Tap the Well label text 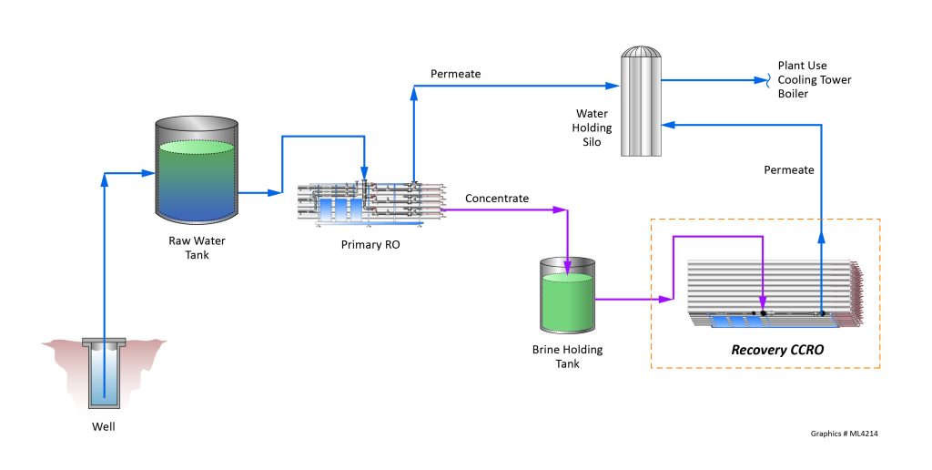click(104, 426)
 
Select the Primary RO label click(369, 243)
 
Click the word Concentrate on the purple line click(496, 198)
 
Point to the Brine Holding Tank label click(567, 357)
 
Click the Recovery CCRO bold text click(772, 349)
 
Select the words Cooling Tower click(815, 79)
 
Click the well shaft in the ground click(104, 373)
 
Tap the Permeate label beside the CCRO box click(788, 169)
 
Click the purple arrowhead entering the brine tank click(567, 269)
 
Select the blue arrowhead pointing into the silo click(668, 123)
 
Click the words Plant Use click(803, 66)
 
